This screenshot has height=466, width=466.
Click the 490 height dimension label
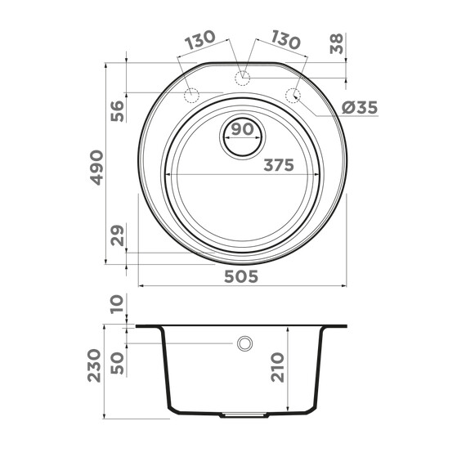click(x=97, y=167)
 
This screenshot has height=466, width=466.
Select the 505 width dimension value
click(x=241, y=276)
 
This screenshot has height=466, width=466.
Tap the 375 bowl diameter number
click(x=278, y=165)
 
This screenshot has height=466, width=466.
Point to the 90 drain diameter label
click(x=241, y=129)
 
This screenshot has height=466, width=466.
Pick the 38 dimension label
click(x=336, y=44)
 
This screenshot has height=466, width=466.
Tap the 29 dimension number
click(x=117, y=236)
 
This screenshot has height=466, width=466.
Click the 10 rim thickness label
click(x=117, y=304)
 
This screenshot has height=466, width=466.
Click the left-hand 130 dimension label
click(x=199, y=38)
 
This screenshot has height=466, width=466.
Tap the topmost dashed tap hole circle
click(x=242, y=78)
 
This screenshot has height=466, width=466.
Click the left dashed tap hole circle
click(x=192, y=96)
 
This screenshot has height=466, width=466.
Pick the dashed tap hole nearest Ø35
click(x=292, y=95)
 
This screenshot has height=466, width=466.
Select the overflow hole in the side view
click(x=244, y=343)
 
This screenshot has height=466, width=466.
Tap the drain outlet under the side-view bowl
click(x=244, y=415)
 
